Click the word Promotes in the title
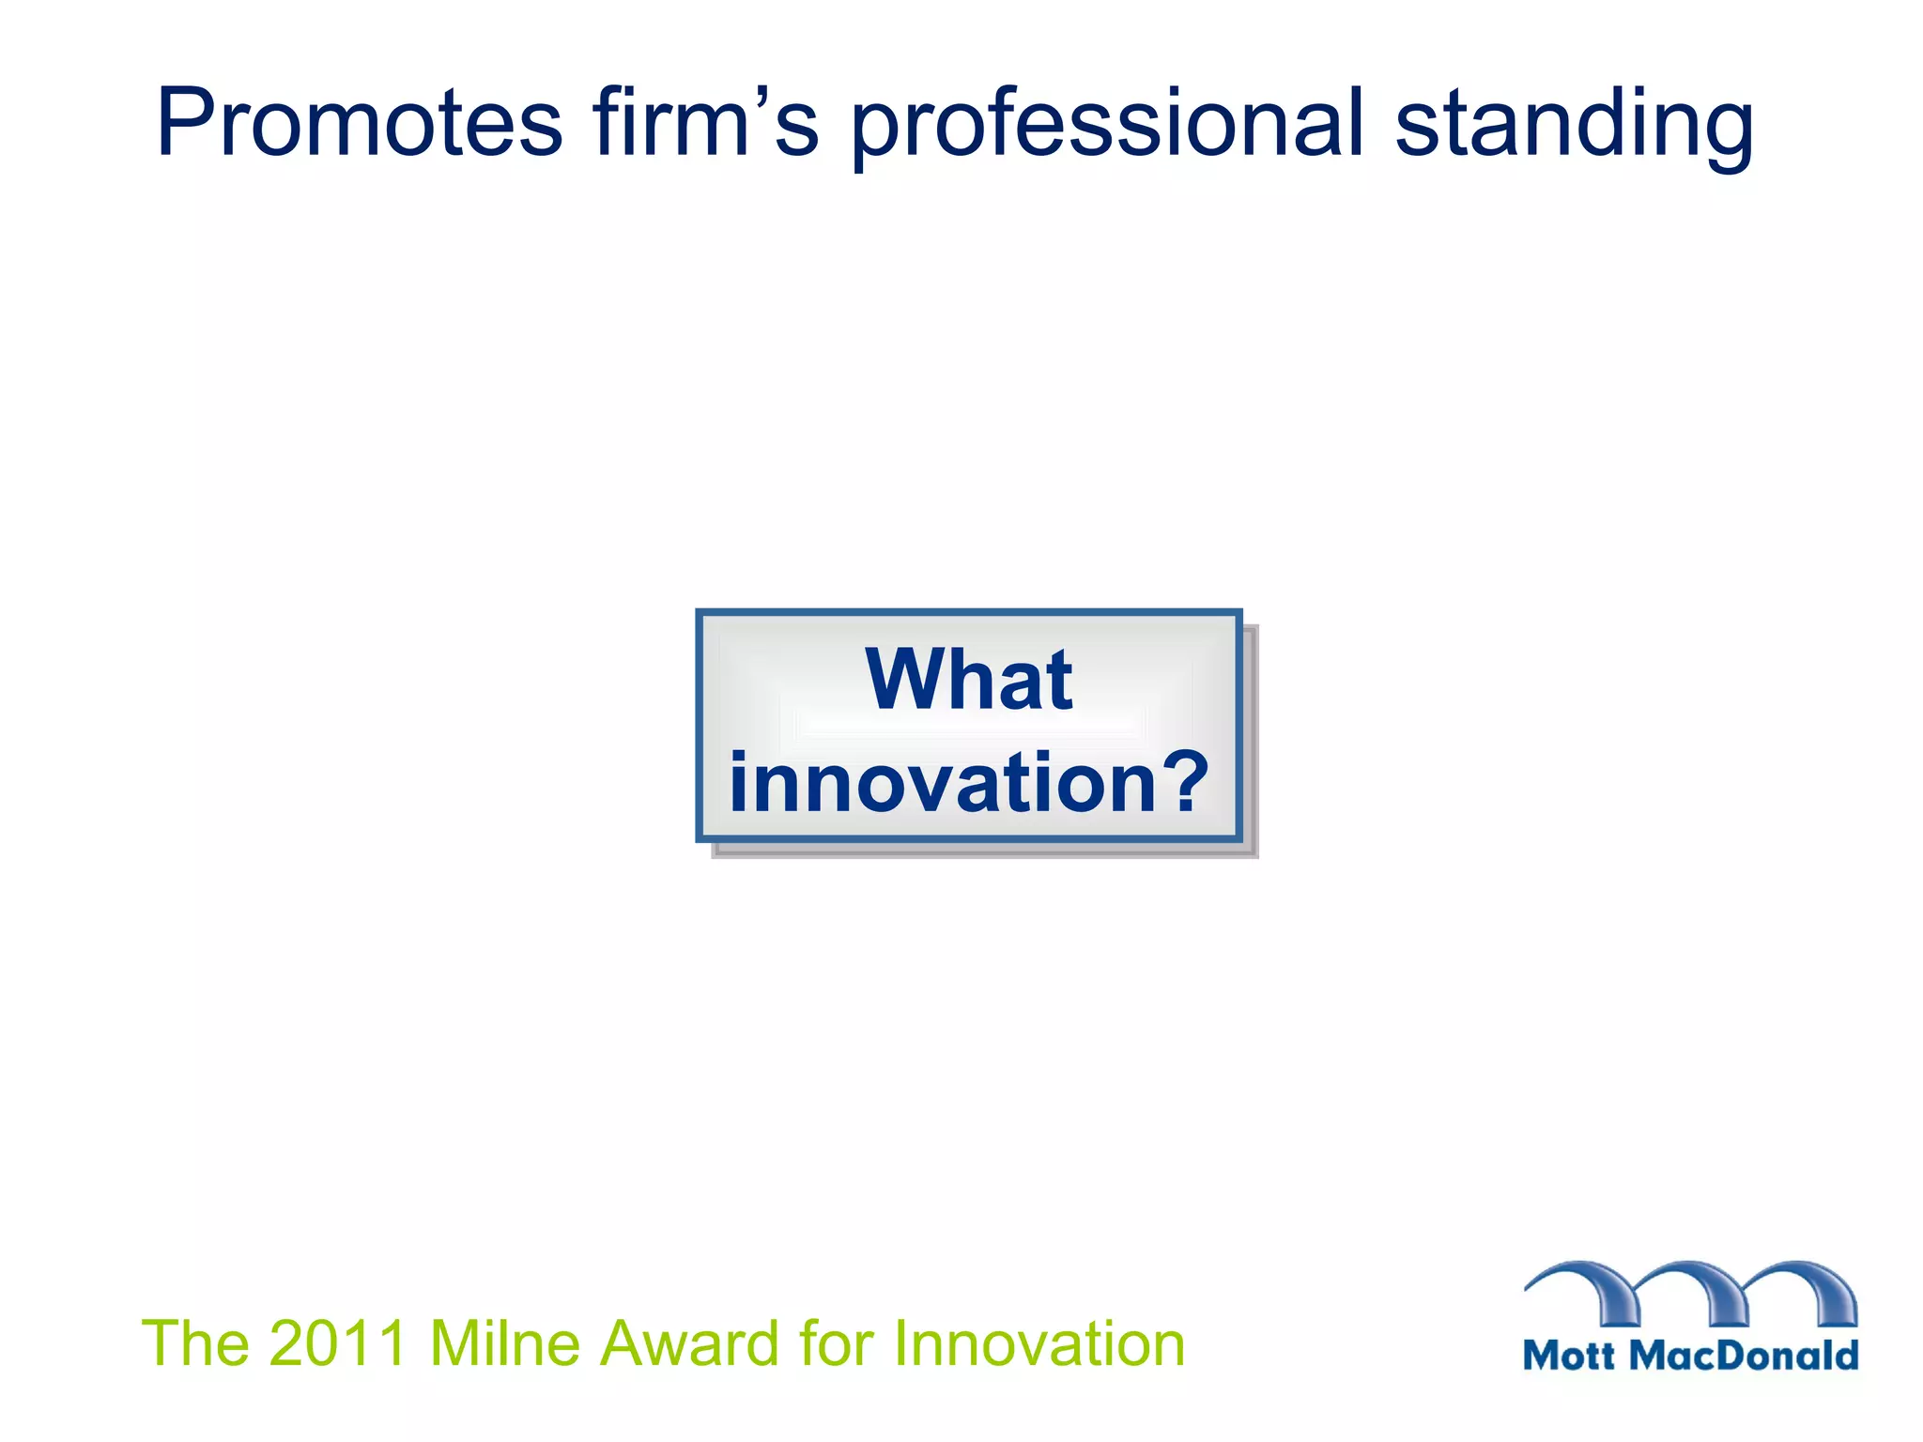(x=359, y=124)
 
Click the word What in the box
(x=968, y=680)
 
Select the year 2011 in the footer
(x=337, y=1343)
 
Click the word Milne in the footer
(x=505, y=1343)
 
